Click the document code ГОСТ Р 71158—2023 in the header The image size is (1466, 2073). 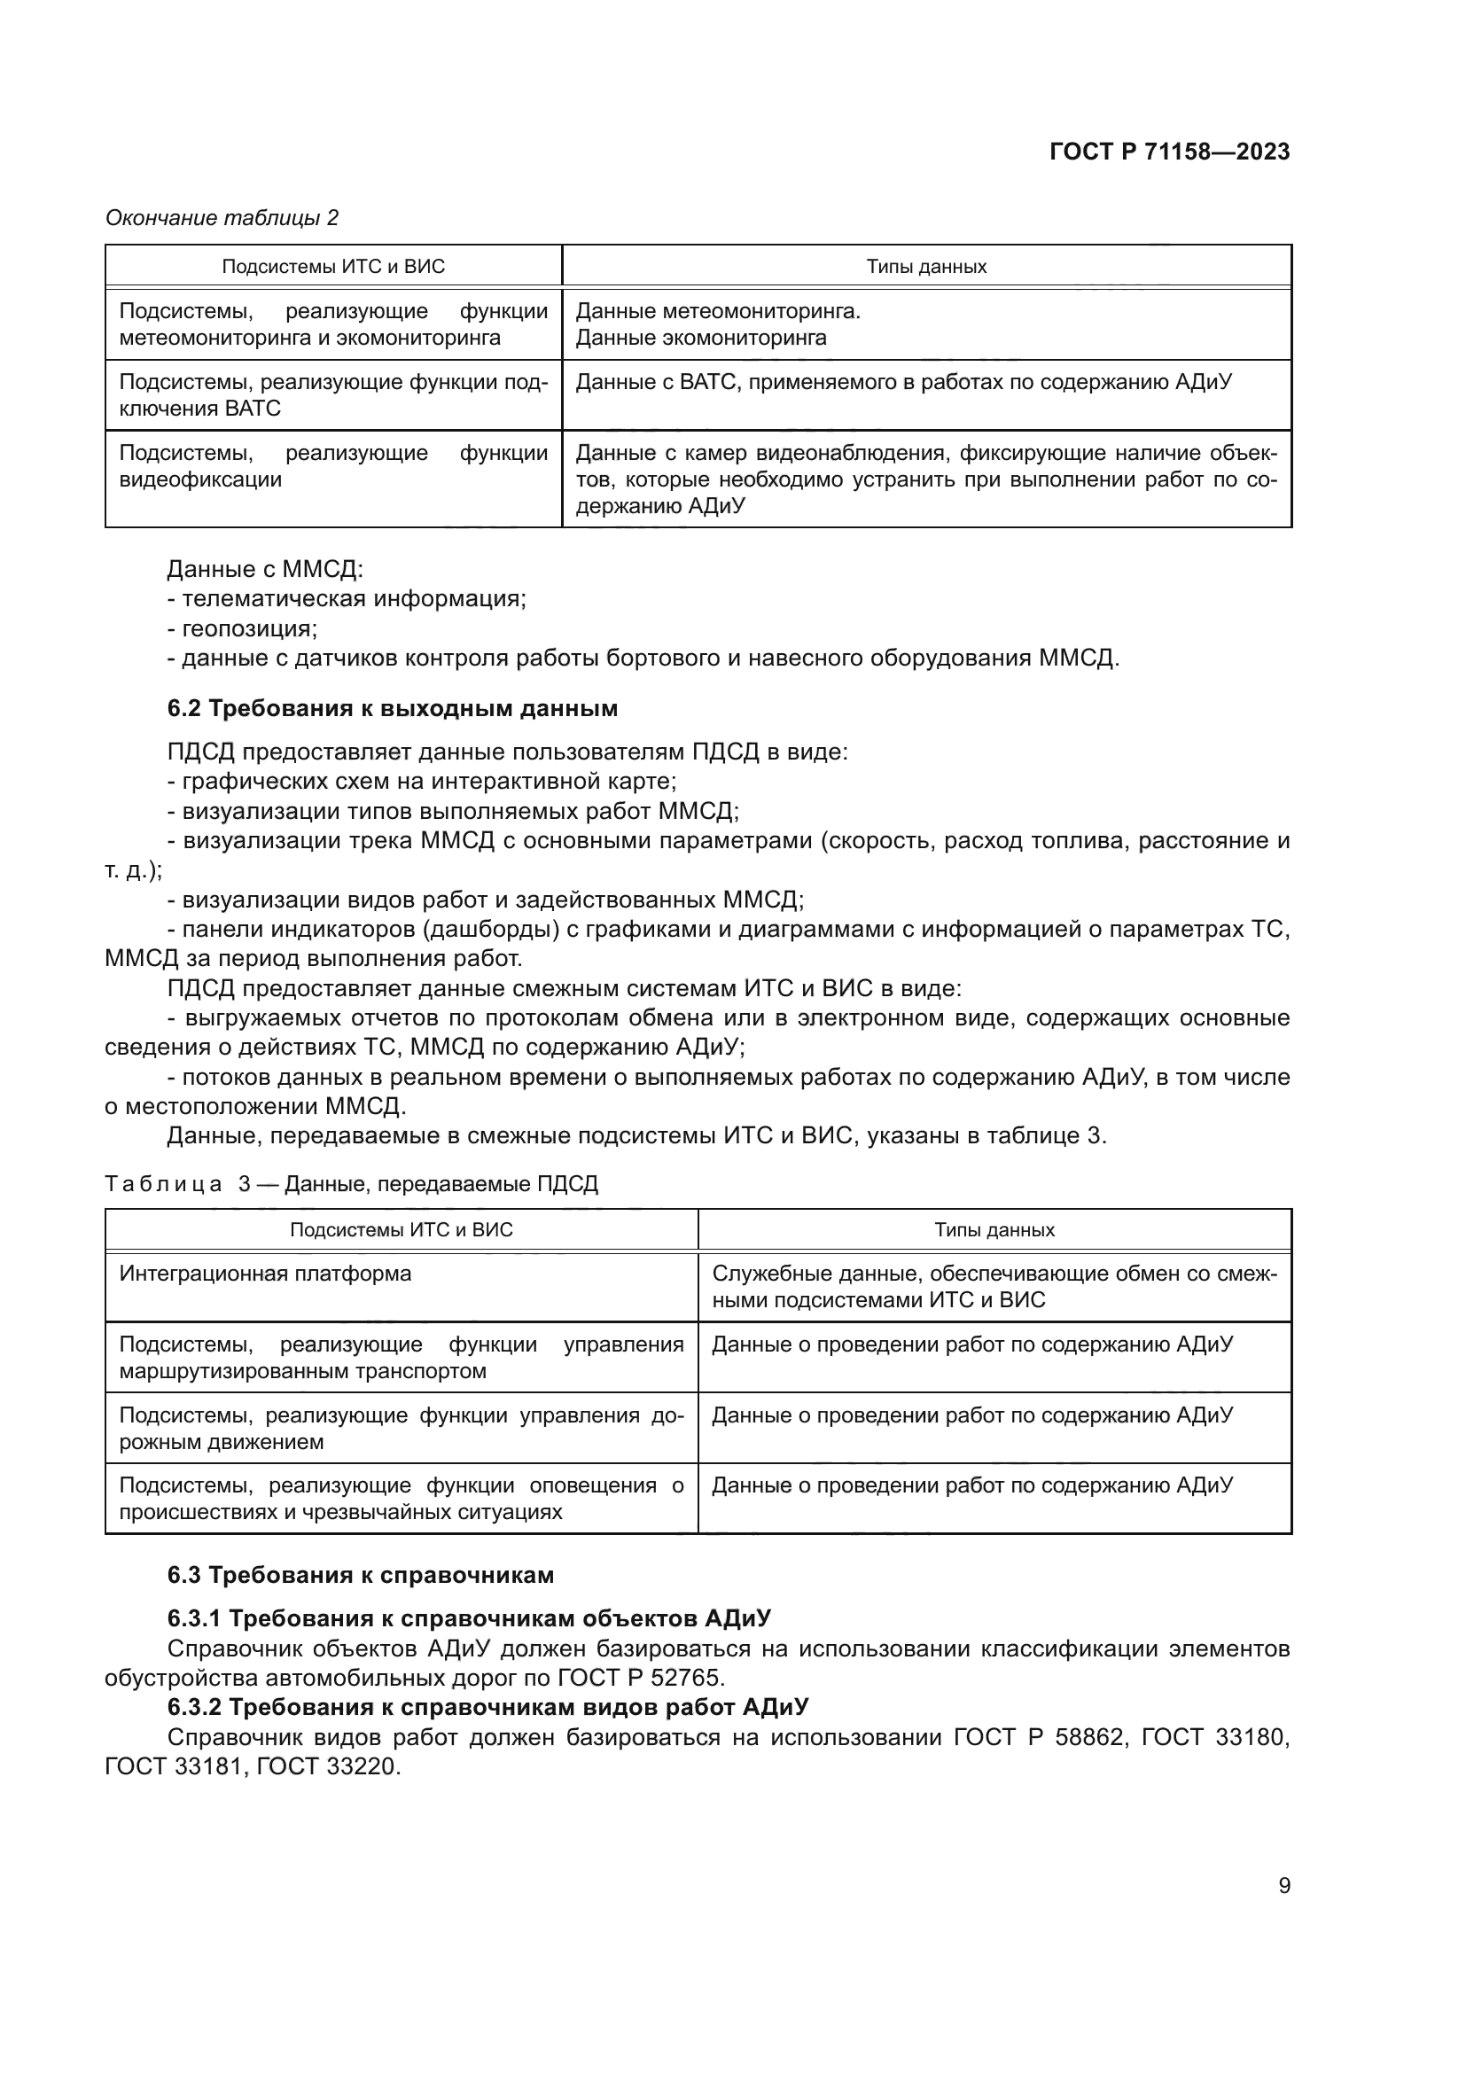1169,152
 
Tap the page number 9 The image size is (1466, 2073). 1283,1885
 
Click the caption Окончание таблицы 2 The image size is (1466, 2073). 222,218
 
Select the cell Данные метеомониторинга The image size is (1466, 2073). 718,311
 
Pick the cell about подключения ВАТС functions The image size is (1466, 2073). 333,395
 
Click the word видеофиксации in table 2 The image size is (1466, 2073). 200,479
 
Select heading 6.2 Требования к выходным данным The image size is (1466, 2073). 392,709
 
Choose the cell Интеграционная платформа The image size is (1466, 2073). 265,1274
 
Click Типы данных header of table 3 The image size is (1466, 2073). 994,1230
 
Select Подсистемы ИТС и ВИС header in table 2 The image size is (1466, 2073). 333,267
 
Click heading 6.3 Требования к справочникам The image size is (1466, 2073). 360,1575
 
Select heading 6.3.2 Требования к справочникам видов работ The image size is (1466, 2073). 487,1706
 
